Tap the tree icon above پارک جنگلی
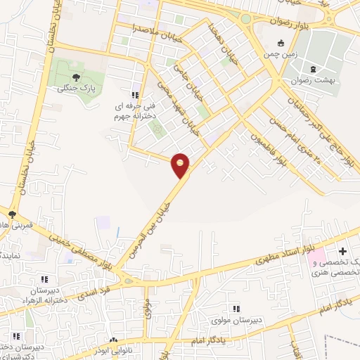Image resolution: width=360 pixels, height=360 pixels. pyautogui.click(x=76, y=78)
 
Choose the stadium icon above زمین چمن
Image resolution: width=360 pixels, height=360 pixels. pyautogui.click(x=282, y=44)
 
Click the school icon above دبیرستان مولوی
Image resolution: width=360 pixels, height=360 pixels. pyautogui.click(x=236, y=309)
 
